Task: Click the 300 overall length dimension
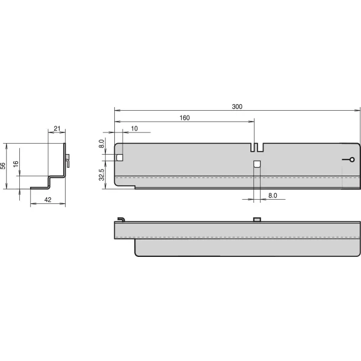(237, 106)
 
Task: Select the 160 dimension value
(184, 118)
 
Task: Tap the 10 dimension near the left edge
(134, 128)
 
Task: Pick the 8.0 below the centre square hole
(273, 196)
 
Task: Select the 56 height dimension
(4, 166)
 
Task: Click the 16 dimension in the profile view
(17, 163)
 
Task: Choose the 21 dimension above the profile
(57, 128)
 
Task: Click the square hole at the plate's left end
(120, 158)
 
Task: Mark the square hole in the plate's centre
(256, 164)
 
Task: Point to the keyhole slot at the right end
(348, 159)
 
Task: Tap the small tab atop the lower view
(256, 219)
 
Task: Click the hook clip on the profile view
(69, 160)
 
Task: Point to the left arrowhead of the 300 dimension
(117, 111)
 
